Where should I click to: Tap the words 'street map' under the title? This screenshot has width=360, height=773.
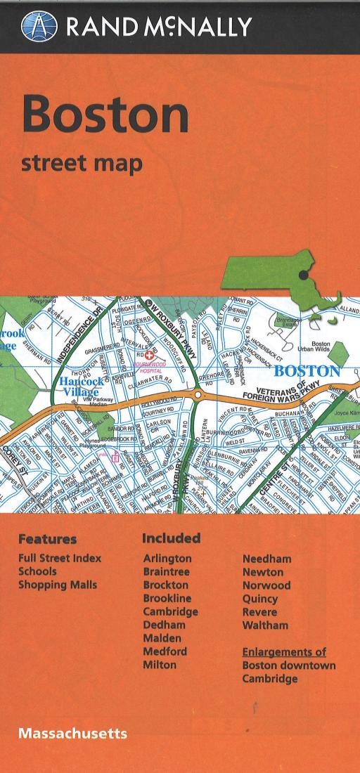tap(82, 164)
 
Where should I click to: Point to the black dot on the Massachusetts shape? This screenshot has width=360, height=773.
tap(303, 275)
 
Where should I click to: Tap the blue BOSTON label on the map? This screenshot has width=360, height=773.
tap(307, 370)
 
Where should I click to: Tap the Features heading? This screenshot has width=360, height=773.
tap(47, 540)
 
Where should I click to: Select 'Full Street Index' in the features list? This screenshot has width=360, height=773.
tap(60, 559)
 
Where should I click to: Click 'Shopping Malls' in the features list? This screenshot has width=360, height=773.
tap(58, 585)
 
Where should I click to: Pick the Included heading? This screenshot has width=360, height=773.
tap(171, 538)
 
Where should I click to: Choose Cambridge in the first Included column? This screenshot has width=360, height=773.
tap(170, 611)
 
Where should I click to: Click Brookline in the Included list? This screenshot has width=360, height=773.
tap(167, 598)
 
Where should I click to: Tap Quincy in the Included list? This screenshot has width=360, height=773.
tap(260, 599)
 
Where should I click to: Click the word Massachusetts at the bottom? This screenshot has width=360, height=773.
tap(72, 733)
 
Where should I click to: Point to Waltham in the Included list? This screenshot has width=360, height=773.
tap(265, 625)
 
